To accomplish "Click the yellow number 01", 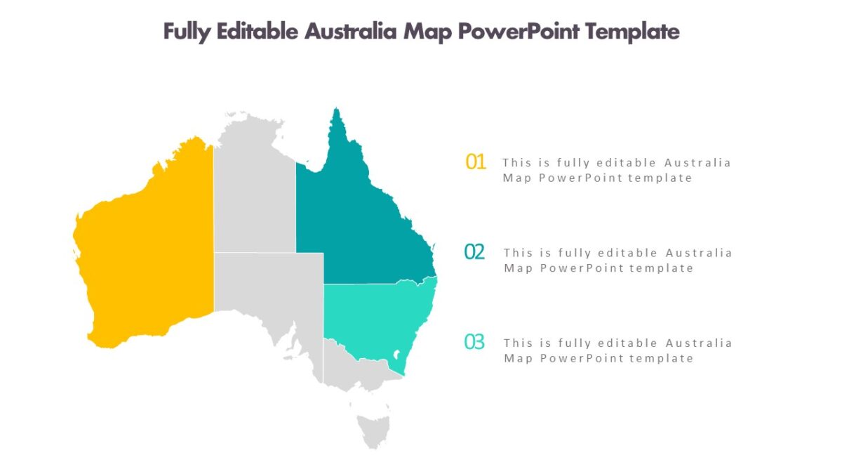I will [x=476, y=162].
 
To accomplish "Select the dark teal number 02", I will [x=475, y=251].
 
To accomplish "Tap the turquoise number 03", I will [x=475, y=343].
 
